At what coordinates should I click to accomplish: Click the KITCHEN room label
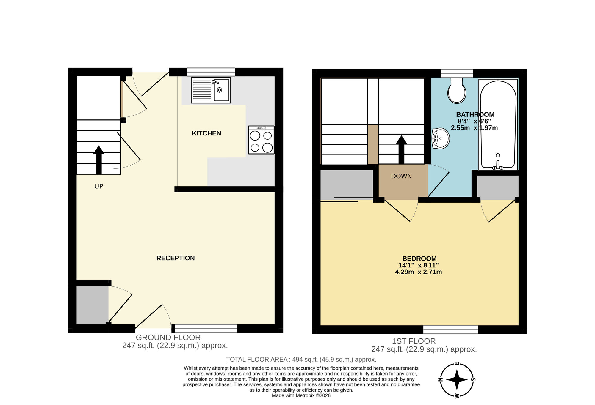tap(206, 133)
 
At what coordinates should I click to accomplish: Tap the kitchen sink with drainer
tap(211, 90)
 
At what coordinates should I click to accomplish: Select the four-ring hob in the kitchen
tap(261, 140)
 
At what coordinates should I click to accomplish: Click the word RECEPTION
tap(175, 258)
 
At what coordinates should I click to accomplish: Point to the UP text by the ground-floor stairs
tap(99, 186)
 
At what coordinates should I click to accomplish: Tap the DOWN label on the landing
tap(401, 176)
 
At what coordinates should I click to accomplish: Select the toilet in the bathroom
tap(457, 91)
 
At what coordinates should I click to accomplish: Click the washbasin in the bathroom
tap(441, 138)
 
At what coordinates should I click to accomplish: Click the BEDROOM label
tap(419, 259)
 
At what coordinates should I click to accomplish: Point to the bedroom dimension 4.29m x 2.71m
tap(418, 272)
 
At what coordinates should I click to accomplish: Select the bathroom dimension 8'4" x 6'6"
tap(474, 121)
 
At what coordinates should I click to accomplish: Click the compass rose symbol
tap(457, 380)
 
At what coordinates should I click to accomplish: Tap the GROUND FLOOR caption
tap(168, 338)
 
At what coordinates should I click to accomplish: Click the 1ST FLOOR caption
tap(414, 341)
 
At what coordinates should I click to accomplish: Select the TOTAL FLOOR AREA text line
tap(301, 360)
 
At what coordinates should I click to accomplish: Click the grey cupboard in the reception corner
tap(92, 305)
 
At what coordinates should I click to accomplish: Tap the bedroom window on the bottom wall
tap(450, 330)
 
